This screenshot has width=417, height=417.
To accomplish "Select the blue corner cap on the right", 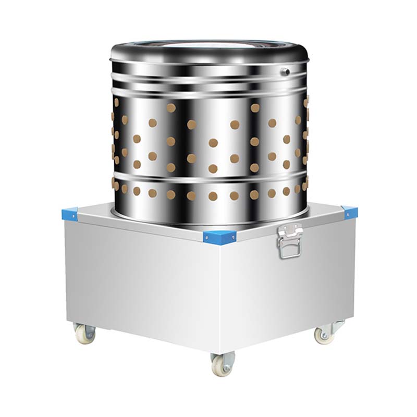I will pyautogui.click(x=349, y=212).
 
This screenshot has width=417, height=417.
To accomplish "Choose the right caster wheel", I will pyautogui.click(x=325, y=335).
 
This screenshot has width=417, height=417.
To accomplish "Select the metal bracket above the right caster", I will pyautogui.click(x=336, y=325).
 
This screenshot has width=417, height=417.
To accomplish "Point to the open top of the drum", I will pyautogui.click(x=208, y=47).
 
